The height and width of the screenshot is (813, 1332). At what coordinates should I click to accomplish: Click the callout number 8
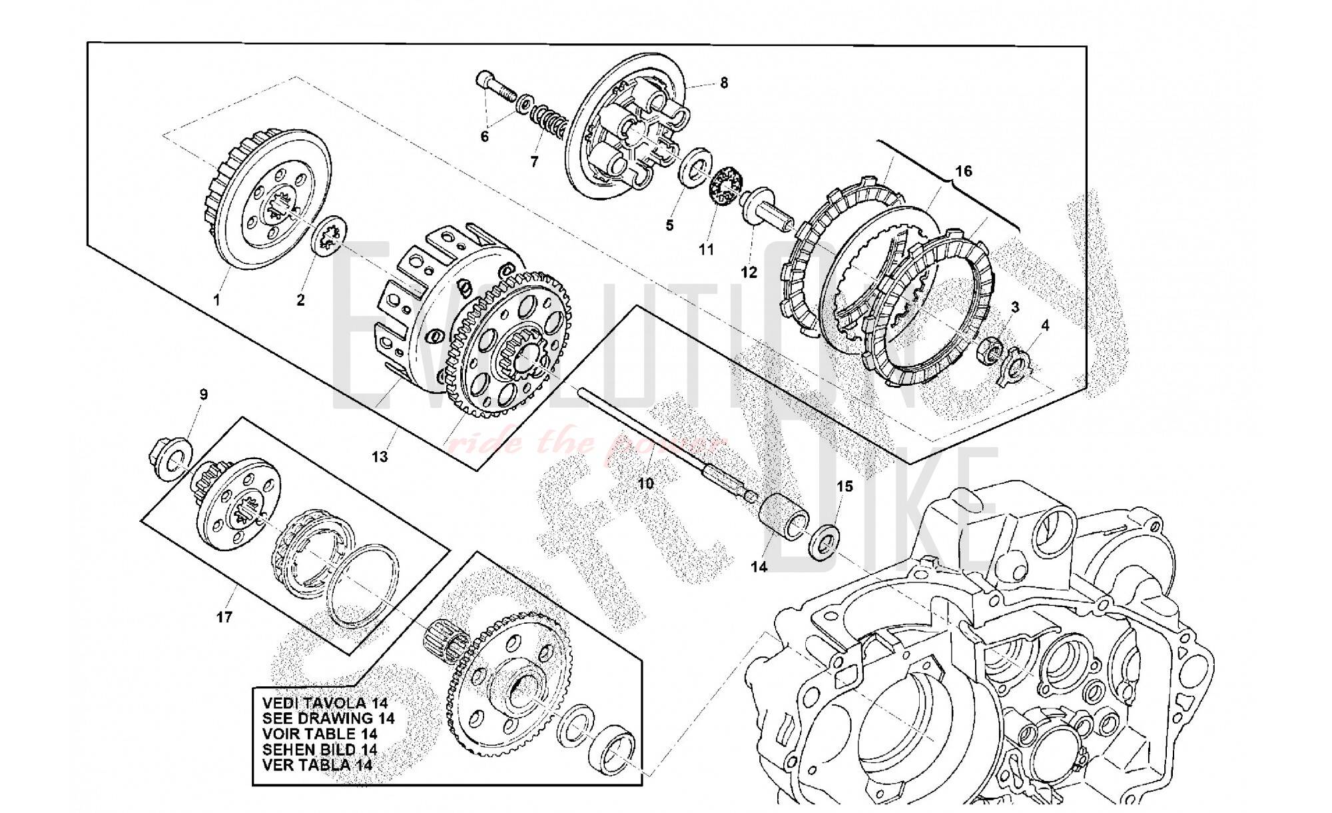[x=724, y=83]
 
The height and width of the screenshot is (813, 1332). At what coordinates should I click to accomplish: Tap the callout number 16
[x=963, y=171]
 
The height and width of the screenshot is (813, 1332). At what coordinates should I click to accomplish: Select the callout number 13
[x=380, y=457]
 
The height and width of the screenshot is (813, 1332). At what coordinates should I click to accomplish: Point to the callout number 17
[x=224, y=617]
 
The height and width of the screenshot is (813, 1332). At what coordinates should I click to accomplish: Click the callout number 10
[x=645, y=483]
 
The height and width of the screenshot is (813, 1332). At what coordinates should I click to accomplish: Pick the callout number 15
[x=844, y=487]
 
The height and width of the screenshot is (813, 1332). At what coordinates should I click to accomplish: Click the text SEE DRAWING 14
[x=328, y=718]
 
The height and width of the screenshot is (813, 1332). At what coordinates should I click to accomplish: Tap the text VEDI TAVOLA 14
[x=325, y=703]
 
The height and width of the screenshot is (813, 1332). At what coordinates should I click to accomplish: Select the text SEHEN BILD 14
[x=320, y=749]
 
